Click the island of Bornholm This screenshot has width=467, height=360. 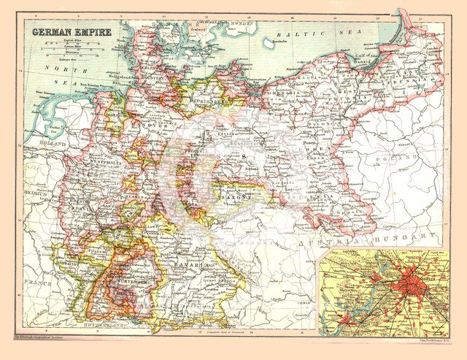(269, 42)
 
